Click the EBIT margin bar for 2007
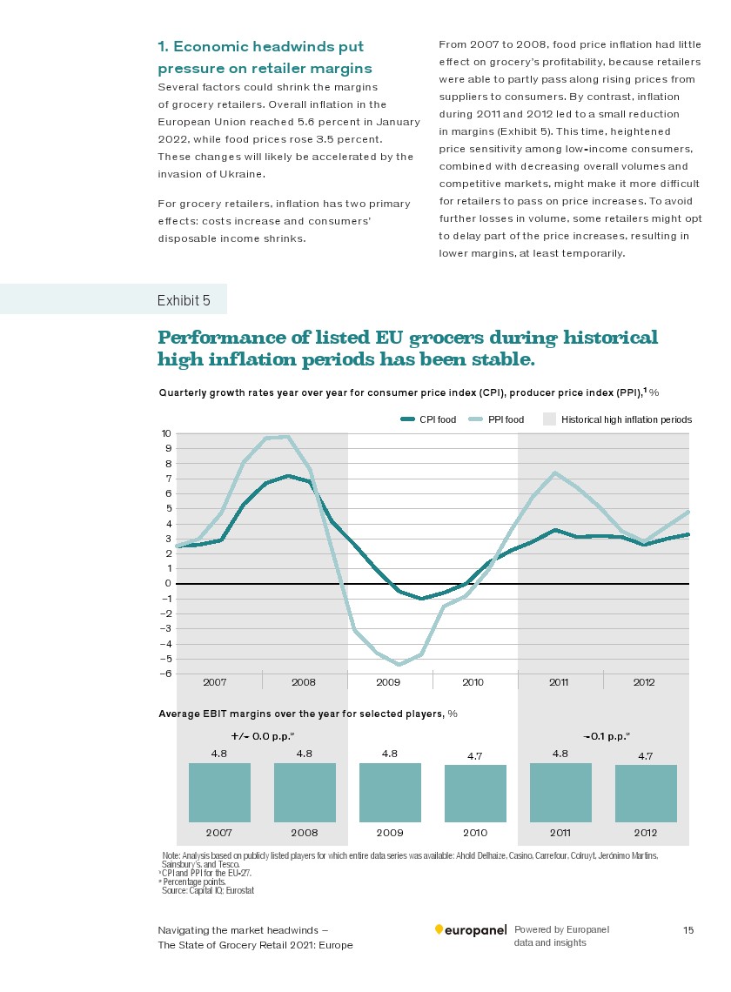point(219,792)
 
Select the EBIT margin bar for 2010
point(475,794)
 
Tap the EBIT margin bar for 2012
point(646,794)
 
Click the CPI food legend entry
point(428,419)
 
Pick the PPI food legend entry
point(496,419)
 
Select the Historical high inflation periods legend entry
point(617,419)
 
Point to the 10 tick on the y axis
point(166,433)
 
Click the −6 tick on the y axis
point(166,674)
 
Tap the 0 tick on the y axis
point(168,583)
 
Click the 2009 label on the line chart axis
point(388,682)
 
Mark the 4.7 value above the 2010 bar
point(474,756)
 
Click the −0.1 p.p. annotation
point(606,736)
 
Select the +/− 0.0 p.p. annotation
point(263,736)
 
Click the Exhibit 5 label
point(184,300)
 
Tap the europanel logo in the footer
point(471,930)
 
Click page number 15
point(688,930)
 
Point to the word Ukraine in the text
point(241,174)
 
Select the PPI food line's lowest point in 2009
point(399,664)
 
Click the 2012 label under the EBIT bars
point(646,833)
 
